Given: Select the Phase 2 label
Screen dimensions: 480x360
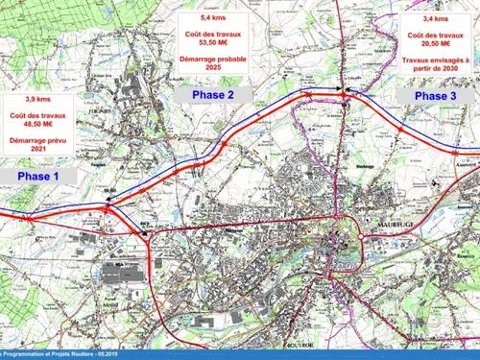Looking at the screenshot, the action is pos(212,95).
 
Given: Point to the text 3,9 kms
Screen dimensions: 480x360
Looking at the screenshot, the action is pos(41,101).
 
